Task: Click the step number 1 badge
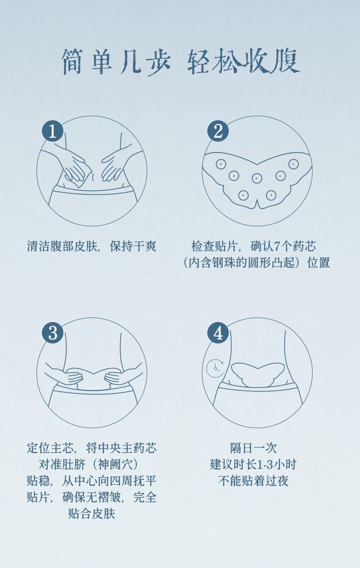click(52, 131)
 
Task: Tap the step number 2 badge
click(217, 131)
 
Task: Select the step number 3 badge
click(52, 333)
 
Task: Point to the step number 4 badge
click(217, 333)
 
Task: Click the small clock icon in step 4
click(215, 369)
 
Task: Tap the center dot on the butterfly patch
click(257, 178)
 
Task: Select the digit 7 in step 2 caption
click(277, 247)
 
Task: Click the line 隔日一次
click(253, 448)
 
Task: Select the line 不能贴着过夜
click(253, 481)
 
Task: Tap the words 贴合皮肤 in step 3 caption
click(92, 514)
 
